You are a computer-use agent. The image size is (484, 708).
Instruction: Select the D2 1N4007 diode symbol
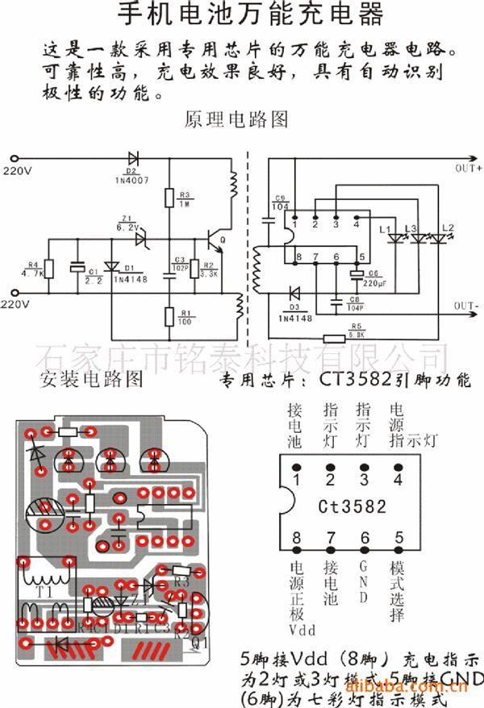(131, 158)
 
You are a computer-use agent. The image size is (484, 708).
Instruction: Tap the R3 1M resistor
(169, 198)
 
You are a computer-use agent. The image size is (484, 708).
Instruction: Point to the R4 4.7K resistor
(48, 269)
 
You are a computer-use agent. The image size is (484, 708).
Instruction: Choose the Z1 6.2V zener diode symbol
(141, 239)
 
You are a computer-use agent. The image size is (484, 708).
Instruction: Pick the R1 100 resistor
(169, 316)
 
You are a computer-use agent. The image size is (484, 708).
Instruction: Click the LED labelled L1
(394, 238)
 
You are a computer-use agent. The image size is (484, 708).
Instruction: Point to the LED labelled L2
(440, 238)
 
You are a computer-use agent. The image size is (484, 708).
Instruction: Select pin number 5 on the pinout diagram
(398, 538)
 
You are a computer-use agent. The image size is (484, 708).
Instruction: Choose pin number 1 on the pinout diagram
(297, 481)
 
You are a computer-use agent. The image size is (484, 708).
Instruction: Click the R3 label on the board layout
(181, 580)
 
